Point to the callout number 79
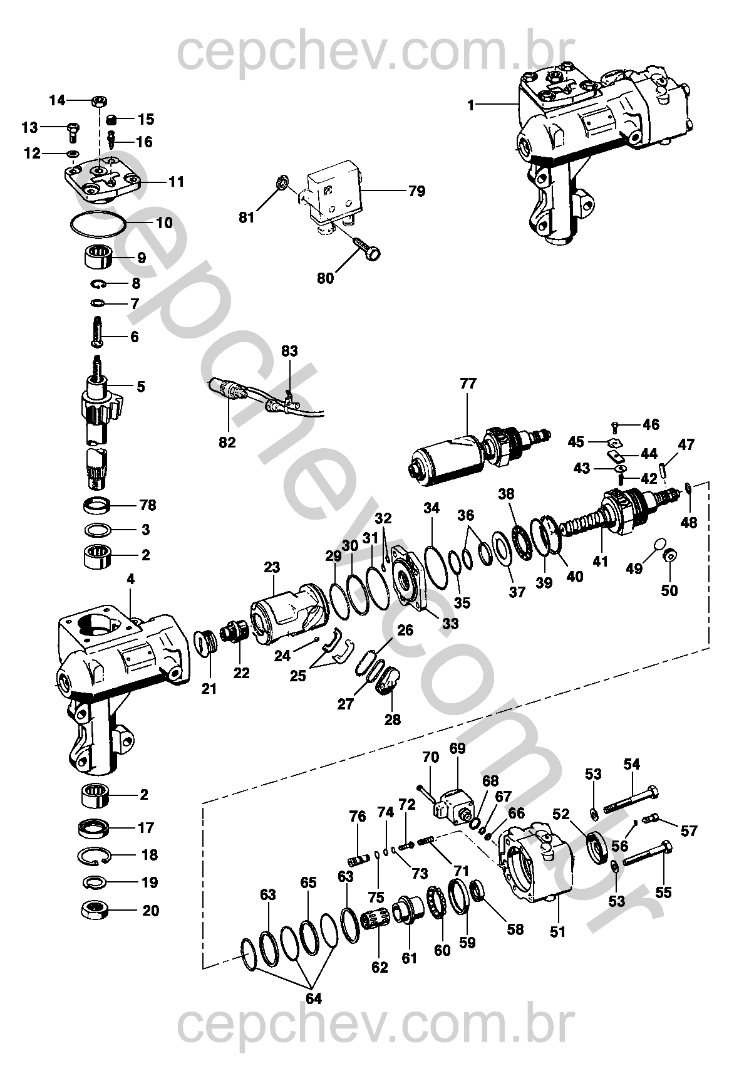(416, 191)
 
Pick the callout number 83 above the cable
(289, 351)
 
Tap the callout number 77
(468, 384)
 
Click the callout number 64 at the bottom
(314, 998)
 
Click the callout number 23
(272, 567)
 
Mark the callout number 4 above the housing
(130, 579)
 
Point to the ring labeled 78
(96, 505)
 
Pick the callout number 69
(457, 748)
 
